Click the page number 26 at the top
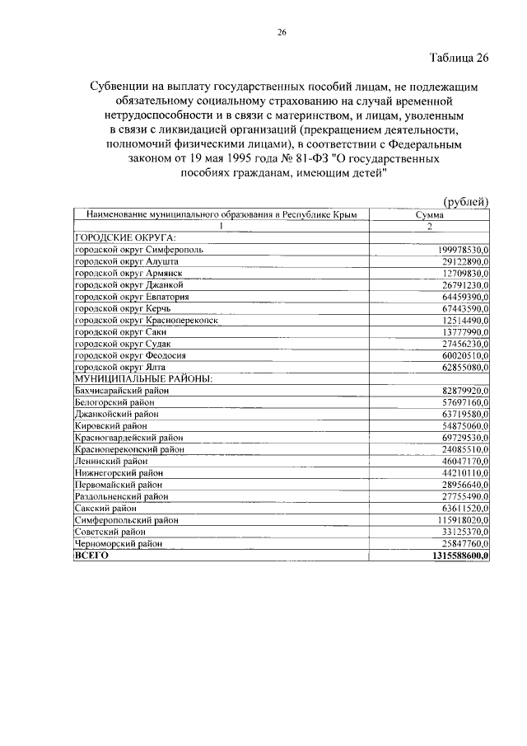coord(282,33)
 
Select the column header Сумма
coord(429,214)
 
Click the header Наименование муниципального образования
coord(220,214)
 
